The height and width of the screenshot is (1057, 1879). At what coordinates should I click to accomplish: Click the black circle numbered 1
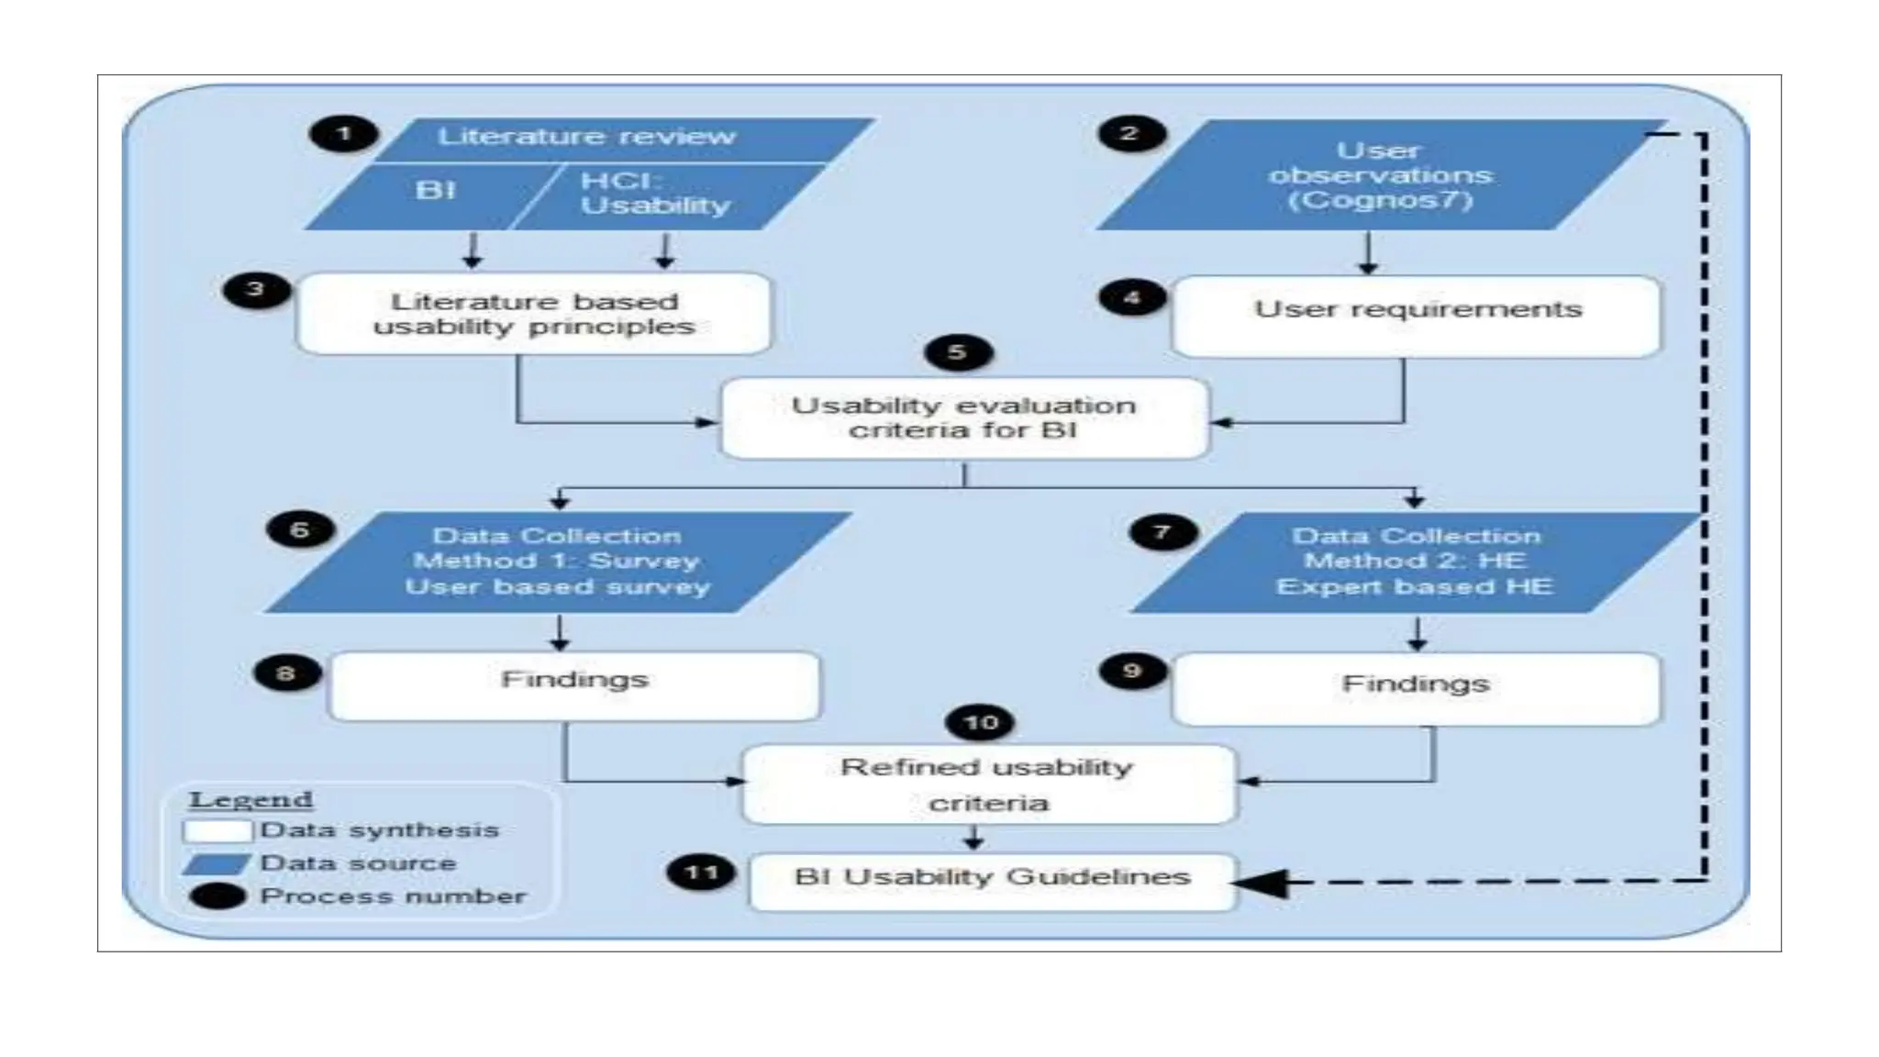point(344,135)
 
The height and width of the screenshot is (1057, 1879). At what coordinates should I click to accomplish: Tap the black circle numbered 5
point(958,353)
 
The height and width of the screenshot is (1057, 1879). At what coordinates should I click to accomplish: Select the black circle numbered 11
point(702,873)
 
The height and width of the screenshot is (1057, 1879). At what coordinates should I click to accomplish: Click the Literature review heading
point(587,137)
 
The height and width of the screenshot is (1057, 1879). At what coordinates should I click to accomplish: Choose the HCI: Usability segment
point(655,194)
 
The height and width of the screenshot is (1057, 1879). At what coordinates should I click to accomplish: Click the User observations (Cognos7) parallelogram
point(1380,175)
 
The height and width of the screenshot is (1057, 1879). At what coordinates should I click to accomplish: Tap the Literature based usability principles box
point(534,314)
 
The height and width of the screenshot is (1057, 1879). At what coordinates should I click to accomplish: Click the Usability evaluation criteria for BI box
point(963,418)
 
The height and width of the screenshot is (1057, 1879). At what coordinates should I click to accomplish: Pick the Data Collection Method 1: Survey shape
point(557,562)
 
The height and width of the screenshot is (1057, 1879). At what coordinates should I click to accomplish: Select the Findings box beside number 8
point(573,685)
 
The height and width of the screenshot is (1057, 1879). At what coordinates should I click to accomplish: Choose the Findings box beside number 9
point(1415,688)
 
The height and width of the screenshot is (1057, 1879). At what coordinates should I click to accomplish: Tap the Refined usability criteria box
point(987,784)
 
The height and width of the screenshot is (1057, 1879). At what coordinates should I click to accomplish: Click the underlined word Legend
point(250,800)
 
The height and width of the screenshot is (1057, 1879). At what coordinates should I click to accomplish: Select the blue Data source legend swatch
point(216,864)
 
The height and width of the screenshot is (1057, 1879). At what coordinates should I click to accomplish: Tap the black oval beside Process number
point(217,896)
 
